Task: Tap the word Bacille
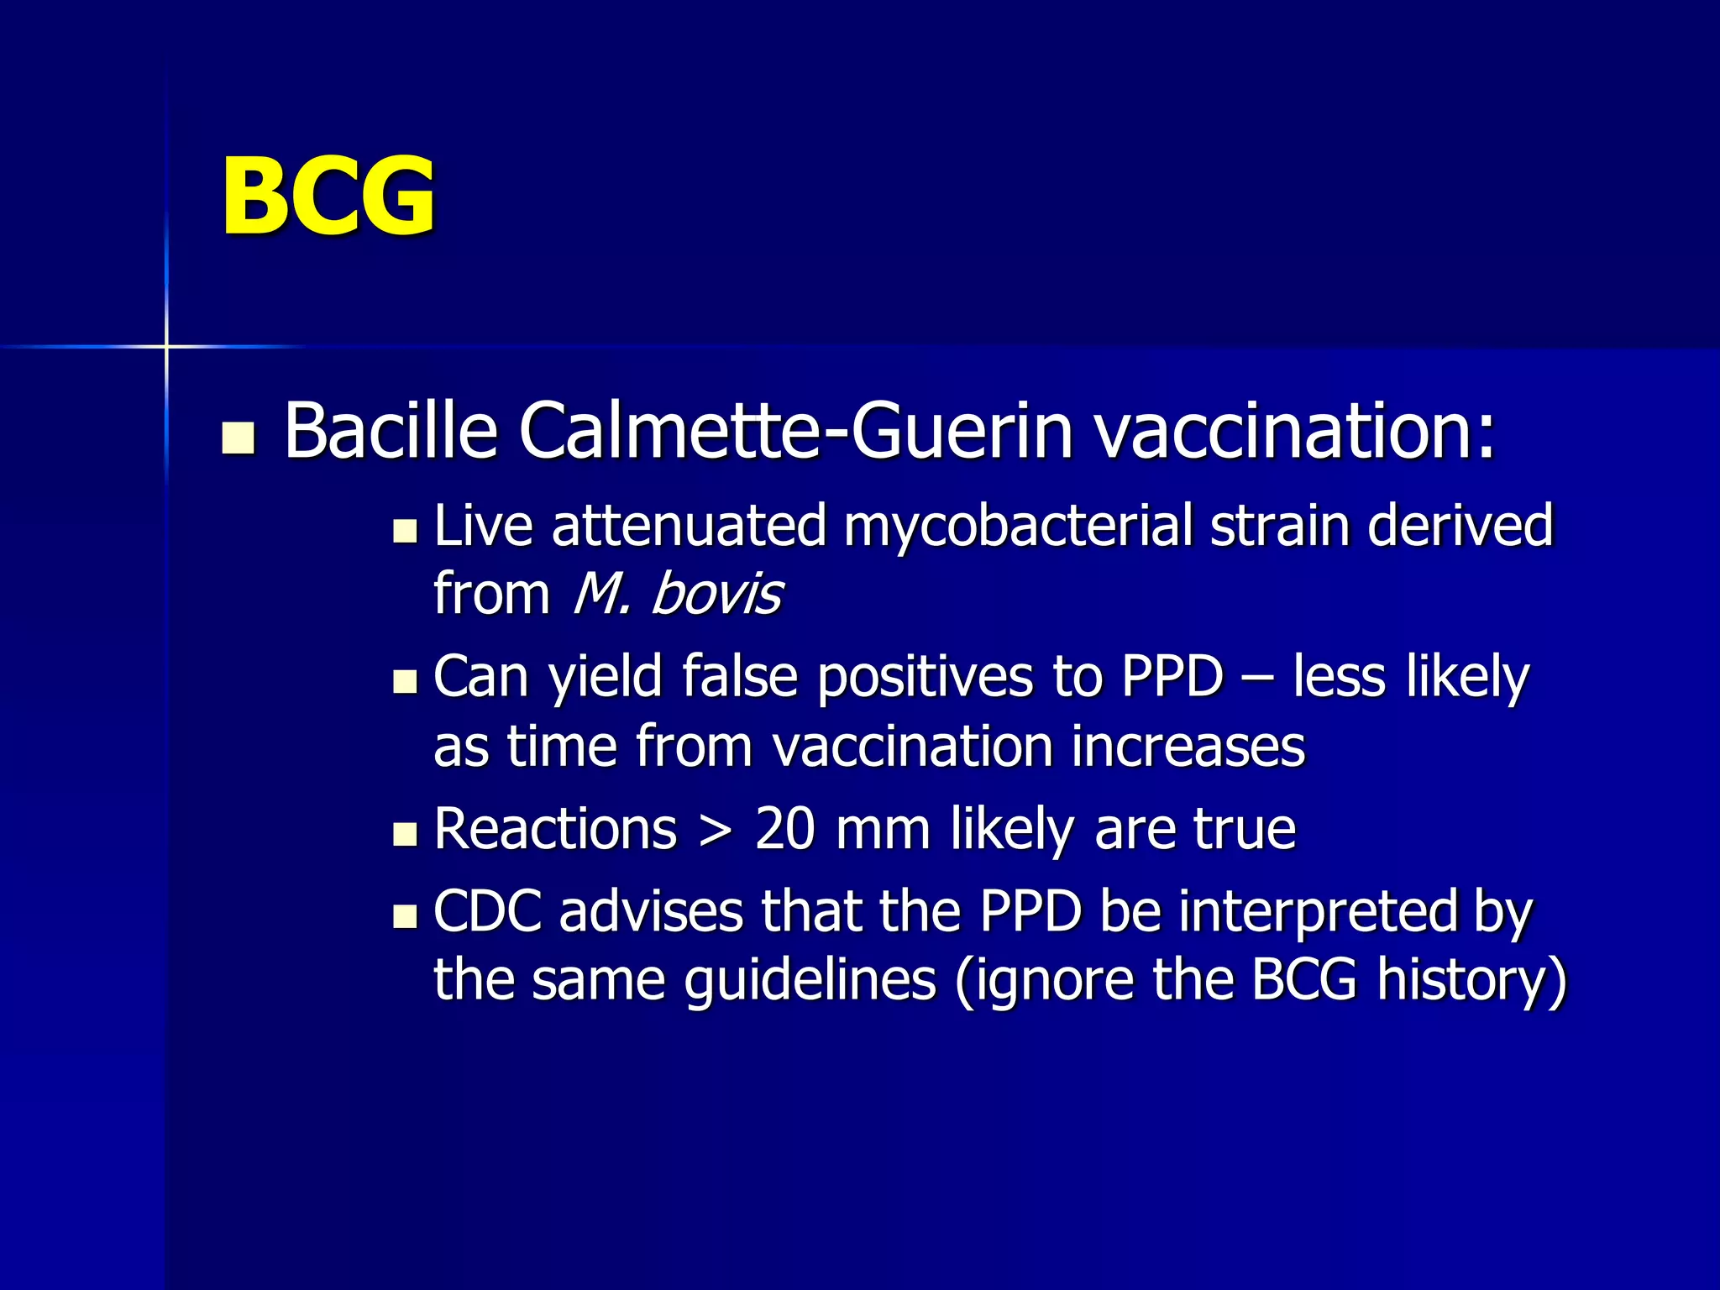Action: click(391, 431)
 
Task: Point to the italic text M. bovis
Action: click(677, 595)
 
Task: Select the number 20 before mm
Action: click(785, 830)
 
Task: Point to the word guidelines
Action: click(810, 981)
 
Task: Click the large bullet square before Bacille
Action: click(239, 438)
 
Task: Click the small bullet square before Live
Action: click(405, 532)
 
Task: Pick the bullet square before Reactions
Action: click(405, 834)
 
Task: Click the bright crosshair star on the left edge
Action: click(166, 346)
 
